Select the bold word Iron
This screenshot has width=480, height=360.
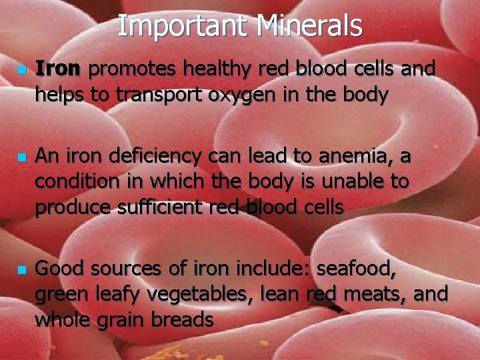tap(58, 69)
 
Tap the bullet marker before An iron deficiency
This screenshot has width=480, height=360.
tap(22, 158)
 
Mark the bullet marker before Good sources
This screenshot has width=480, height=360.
tap(22, 270)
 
